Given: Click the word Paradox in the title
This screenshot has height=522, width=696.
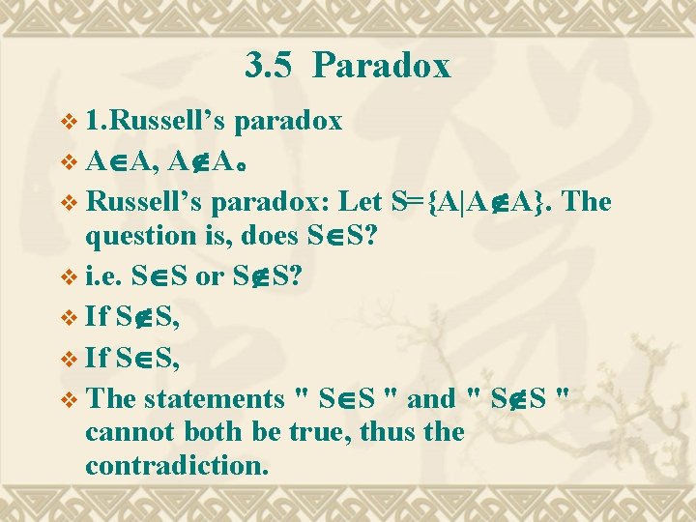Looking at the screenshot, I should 382,66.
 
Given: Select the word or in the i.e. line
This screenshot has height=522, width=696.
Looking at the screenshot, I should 209,277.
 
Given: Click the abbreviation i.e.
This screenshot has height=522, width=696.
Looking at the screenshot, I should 101,277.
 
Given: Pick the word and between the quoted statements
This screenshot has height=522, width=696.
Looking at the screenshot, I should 431,397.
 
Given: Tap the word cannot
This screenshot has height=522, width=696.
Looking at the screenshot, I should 127,431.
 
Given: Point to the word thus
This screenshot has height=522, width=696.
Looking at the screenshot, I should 391,431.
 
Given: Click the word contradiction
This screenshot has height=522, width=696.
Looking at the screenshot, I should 175,465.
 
